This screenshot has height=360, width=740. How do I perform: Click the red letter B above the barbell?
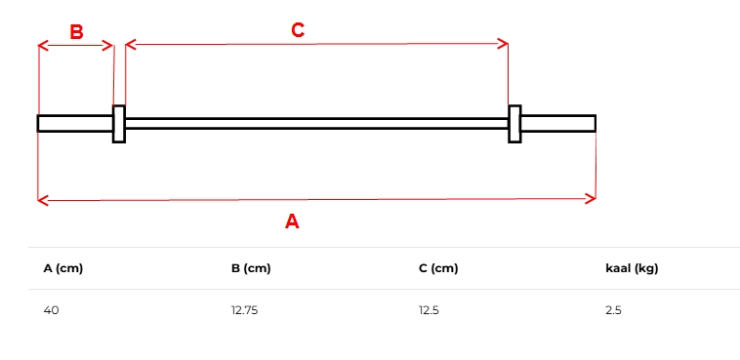[76, 32]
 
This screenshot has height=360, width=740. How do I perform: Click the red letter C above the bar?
[298, 29]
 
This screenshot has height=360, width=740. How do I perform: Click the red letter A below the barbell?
[292, 221]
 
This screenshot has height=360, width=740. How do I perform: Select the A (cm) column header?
[63, 268]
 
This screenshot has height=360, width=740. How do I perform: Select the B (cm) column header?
[251, 268]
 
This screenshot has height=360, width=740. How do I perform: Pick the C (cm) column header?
[438, 268]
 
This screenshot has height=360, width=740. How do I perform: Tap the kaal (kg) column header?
[632, 268]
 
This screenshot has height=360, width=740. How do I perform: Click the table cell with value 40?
[52, 310]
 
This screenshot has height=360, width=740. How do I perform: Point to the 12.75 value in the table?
[244, 310]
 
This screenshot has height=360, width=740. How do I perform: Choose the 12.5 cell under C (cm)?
[429, 310]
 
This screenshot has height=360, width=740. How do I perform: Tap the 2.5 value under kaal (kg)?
[613, 310]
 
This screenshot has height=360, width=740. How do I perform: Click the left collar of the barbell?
[119, 124]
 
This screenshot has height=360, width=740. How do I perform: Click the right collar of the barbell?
[514, 124]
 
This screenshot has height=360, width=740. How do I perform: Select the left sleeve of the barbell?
[75, 124]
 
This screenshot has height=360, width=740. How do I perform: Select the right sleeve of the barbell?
[557, 124]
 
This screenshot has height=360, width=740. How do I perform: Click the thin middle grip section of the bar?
[316, 124]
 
